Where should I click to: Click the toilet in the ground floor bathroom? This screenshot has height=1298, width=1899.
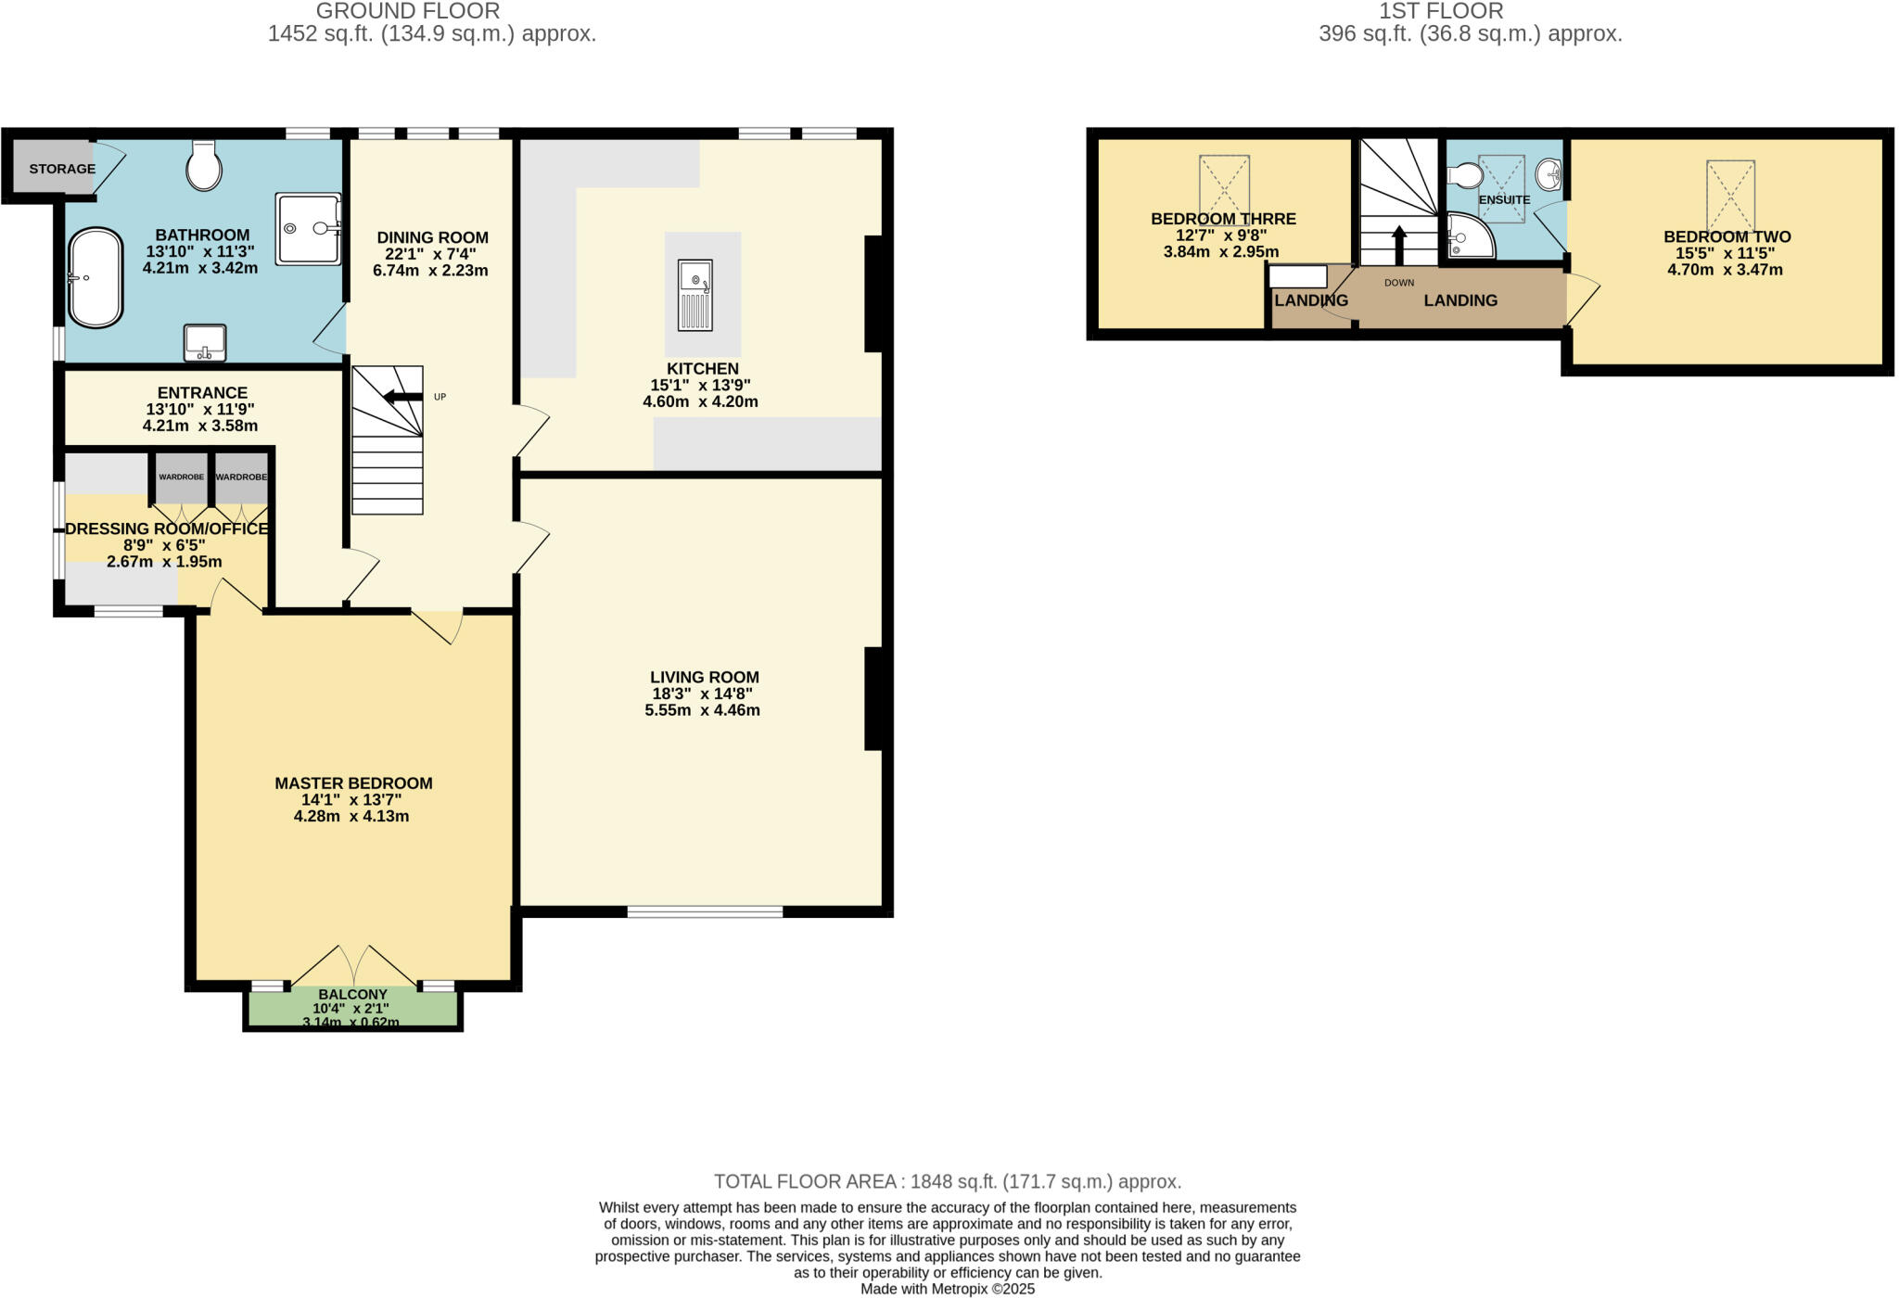(x=204, y=167)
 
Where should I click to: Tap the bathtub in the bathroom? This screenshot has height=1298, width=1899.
(x=96, y=277)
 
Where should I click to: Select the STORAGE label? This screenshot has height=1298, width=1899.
(x=62, y=169)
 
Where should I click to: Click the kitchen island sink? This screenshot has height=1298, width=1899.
(x=695, y=295)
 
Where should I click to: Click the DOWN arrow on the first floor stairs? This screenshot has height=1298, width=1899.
(x=1399, y=246)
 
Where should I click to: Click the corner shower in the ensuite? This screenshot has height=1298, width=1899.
(x=1469, y=236)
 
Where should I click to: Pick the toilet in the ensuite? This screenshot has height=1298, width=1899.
(x=1465, y=175)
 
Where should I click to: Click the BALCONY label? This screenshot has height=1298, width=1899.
(x=352, y=994)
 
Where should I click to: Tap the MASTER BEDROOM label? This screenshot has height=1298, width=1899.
(x=353, y=783)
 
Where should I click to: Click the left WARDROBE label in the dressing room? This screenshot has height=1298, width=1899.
(x=181, y=477)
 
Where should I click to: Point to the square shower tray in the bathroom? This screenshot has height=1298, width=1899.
(x=308, y=228)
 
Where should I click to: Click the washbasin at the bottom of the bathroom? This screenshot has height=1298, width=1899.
(x=205, y=341)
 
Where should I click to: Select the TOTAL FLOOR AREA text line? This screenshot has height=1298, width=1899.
(x=947, y=1182)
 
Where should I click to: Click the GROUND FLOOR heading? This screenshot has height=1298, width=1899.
(x=408, y=11)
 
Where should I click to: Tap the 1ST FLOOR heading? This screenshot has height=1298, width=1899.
(x=1440, y=11)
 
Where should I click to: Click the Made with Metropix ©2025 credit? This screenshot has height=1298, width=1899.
(x=948, y=1289)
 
